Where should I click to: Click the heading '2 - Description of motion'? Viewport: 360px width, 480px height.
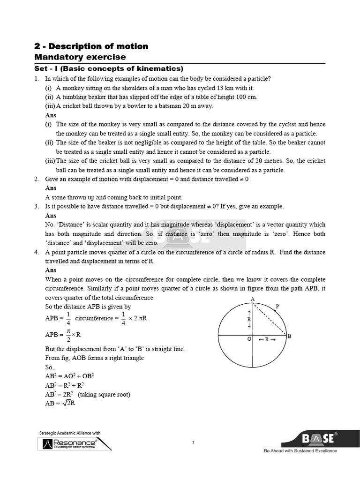click(x=91, y=46)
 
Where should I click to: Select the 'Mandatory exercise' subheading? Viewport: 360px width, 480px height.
click(x=80, y=57)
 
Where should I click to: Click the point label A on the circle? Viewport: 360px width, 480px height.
click(x=253, y=299)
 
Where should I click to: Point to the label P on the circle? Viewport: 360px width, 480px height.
click(x=277, y=307)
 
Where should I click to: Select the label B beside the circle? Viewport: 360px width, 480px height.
click(x=289, y=336)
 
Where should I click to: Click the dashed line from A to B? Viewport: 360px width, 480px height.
click(x=270, y=319)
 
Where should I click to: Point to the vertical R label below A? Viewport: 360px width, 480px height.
click(x=249, y=319)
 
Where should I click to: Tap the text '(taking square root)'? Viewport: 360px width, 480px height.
click(x=104, y=394)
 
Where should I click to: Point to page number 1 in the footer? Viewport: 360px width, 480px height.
click(x=193, y=442)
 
